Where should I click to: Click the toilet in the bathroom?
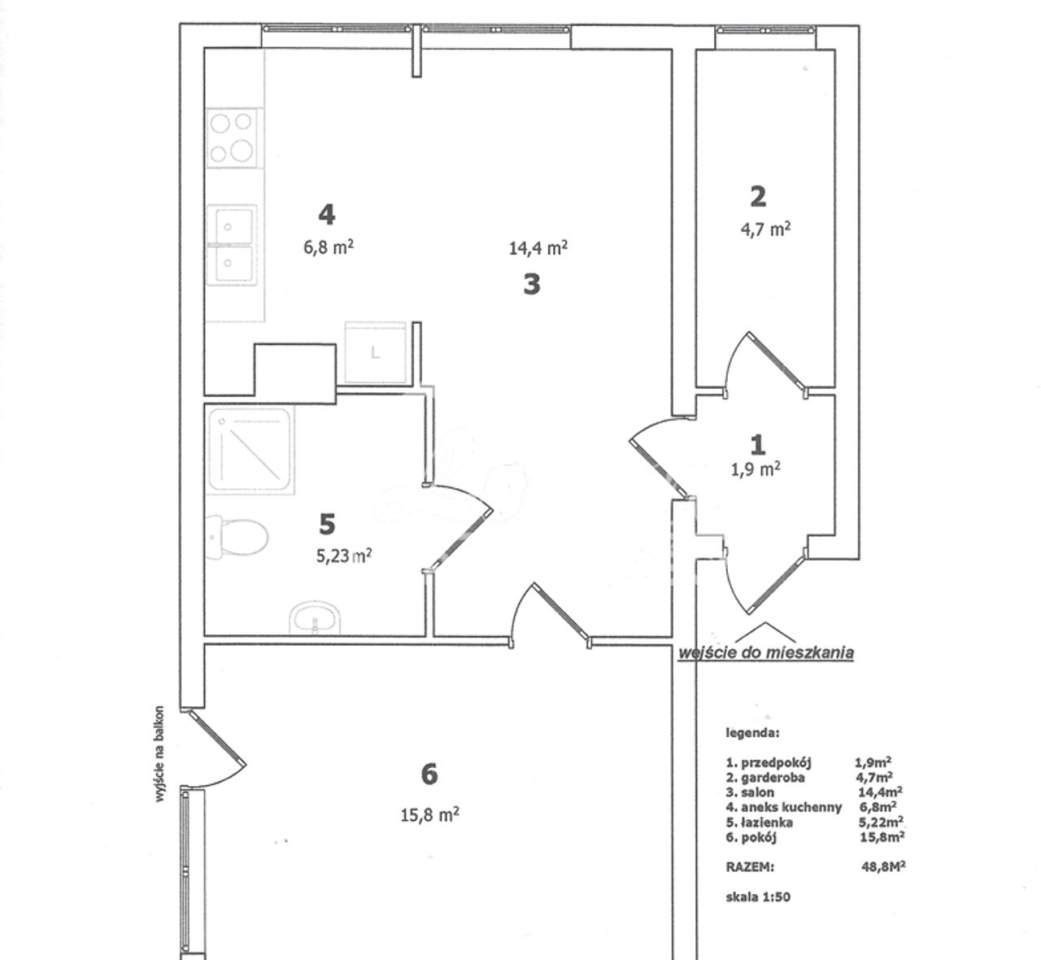tap(237, 538)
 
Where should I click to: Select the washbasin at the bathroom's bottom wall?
tap(315, 618)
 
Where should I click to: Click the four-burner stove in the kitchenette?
tap(232, 137)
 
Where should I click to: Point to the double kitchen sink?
tap(231, 245)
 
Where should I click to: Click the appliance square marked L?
tap(375, 352)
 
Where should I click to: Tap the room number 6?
tap(429, 775)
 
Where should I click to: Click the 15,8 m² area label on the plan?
tap(429, 814)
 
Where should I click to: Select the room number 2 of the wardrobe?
tap(758, 197)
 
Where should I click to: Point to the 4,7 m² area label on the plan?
tap(765, 229)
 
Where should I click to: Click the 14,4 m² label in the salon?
tap(538, 247)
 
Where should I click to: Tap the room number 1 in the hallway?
tap(758, 445)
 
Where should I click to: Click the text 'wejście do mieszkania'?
tap(766, 653)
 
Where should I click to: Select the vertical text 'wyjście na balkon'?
tap(159, 754)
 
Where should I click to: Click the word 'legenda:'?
tap(752, 733)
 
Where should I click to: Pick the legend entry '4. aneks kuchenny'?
tap(784, 807)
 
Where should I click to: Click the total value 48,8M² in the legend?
tap(883, 866)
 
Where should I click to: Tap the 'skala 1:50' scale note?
tap(757, 897)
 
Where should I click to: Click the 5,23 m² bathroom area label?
tap(344, 555)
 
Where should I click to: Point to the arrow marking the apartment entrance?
tap(765, 631)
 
